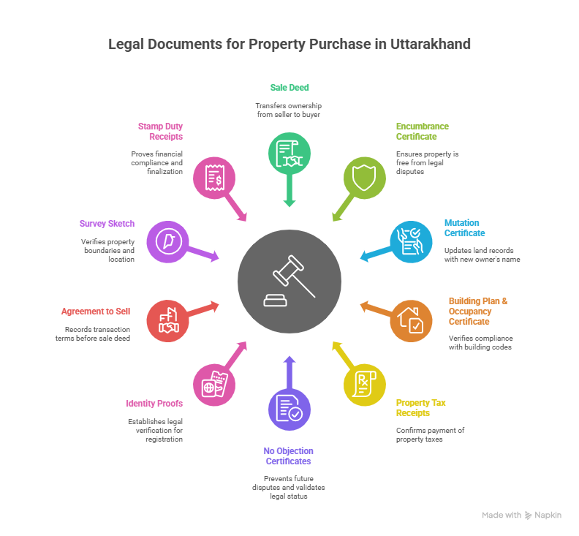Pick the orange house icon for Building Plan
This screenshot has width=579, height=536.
click(x=411, y=321)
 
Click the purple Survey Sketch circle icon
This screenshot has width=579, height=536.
click(x=167, y=241)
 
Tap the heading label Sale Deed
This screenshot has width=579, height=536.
click(x=289, y=87)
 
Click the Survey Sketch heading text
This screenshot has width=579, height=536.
click(x=107, y=223)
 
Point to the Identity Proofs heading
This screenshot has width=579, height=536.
click(x=154, y=403)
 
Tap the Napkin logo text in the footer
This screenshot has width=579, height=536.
click(x=548, y=515)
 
